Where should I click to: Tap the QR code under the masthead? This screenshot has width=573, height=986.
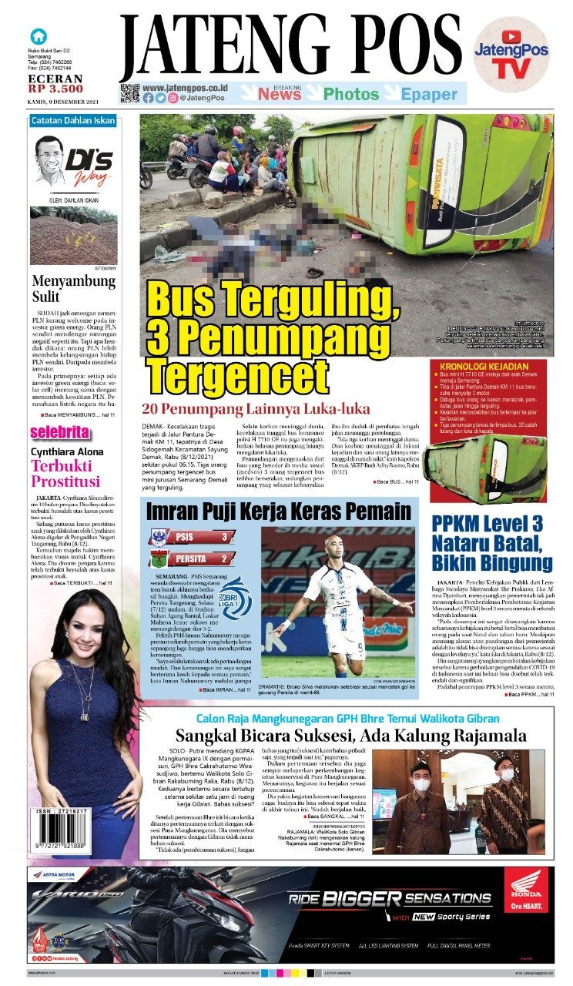(129, 93)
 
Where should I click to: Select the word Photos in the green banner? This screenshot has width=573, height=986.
(351, 94)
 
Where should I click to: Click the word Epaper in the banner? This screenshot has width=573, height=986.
(429, 94)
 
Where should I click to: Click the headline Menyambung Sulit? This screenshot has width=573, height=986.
(73, 290)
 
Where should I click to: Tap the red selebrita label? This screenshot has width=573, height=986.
(60, 432)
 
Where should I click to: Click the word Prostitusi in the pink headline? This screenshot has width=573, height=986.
(65, 481)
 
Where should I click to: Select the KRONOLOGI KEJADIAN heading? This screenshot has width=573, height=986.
(483, 365)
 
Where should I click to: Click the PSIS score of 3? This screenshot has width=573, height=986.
(224, 537)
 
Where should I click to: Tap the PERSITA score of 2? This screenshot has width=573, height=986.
(224, 558)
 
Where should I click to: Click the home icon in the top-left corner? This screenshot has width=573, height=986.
(37, 35)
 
